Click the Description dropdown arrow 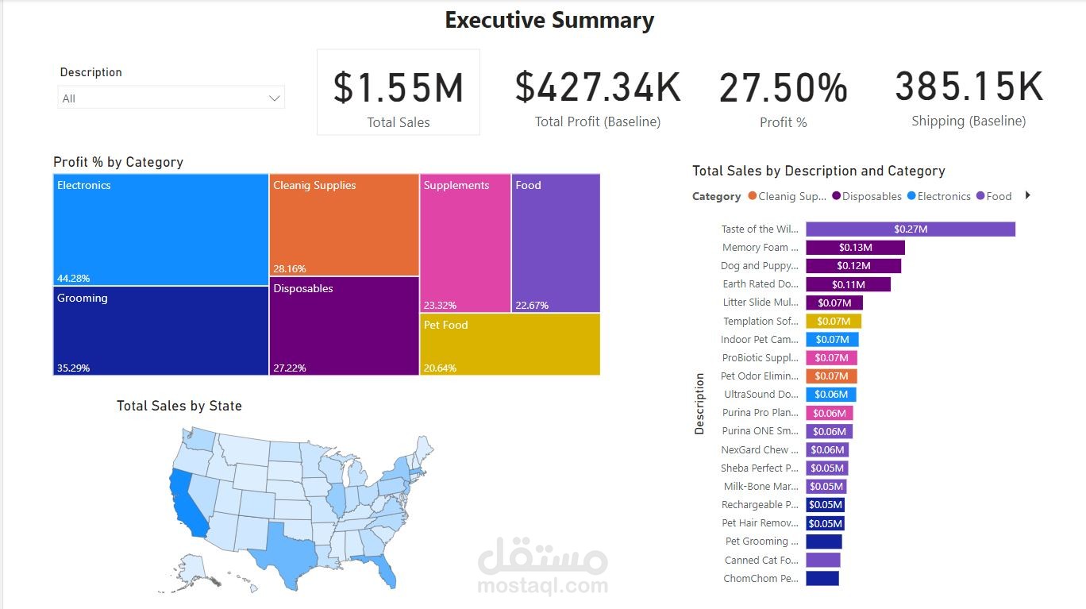[275, 98]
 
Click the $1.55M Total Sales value [398, 87]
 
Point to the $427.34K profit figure [598, 87]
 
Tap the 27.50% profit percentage [783, 88]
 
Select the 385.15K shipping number [969, 87]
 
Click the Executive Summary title [549, 21]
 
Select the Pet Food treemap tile [510, 344]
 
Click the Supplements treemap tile [465, 243]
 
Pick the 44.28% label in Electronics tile [73, 279]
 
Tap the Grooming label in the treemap [82, 299]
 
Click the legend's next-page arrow [1028, 195]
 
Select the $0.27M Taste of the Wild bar [910, 229]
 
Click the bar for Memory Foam [855, 248]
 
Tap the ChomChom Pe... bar [822, 579]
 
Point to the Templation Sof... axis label [760, 322]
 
